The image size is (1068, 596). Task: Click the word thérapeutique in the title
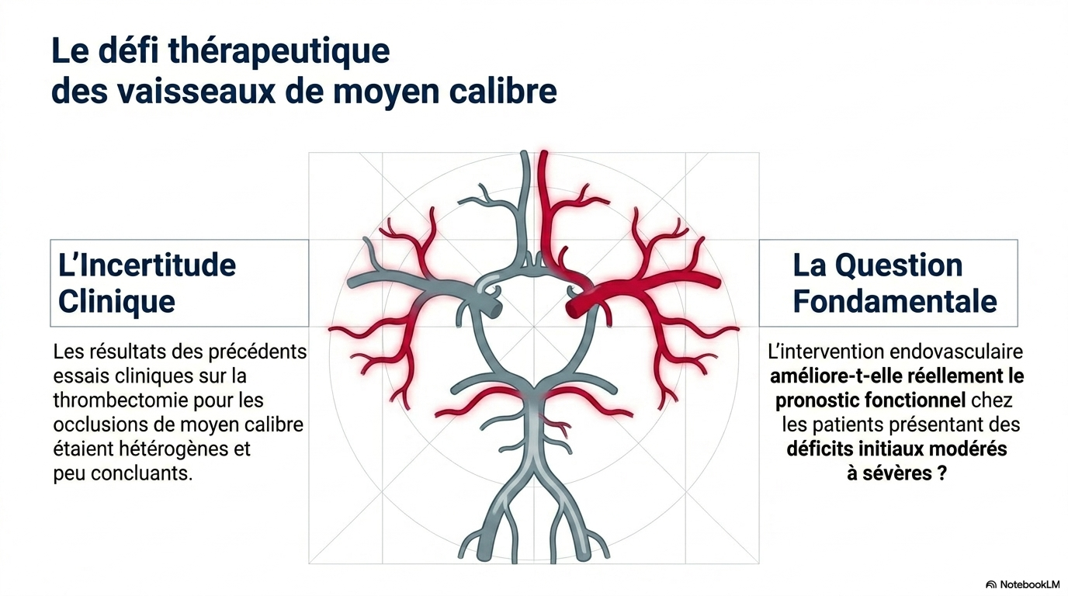coord(279,52)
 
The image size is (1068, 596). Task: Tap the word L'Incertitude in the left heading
coord(147,265)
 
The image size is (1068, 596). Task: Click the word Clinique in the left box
coord(116,301)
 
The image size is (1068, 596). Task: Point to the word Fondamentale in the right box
coord(895,301)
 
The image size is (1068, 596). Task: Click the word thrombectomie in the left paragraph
coord(126,400)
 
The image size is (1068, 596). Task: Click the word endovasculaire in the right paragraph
coord(956,352)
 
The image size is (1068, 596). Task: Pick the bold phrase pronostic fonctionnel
coord(871,400)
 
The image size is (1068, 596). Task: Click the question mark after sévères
coord(941,473)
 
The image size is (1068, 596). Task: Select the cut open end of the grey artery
coord(496,310)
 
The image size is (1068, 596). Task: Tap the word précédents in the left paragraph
coord(258,352)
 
